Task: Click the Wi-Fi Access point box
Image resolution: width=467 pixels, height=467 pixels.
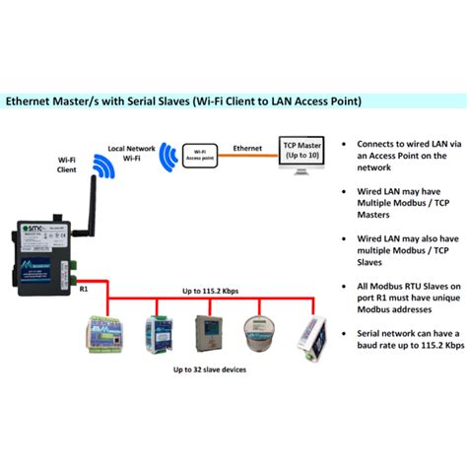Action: (x=200, y=155)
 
